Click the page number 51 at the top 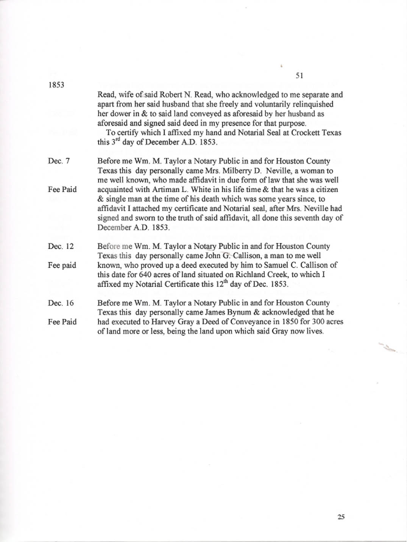click(x=299, y=75)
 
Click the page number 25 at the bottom click(x=341, y=517)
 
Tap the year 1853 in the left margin click(x=56, y=85)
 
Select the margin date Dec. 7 click(x=59, y=161)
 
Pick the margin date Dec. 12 click(x=61, y=246)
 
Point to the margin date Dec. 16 click(x=61, y=303)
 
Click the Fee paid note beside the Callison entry click(x=62, y=265)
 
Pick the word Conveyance click(x=224, y=322)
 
